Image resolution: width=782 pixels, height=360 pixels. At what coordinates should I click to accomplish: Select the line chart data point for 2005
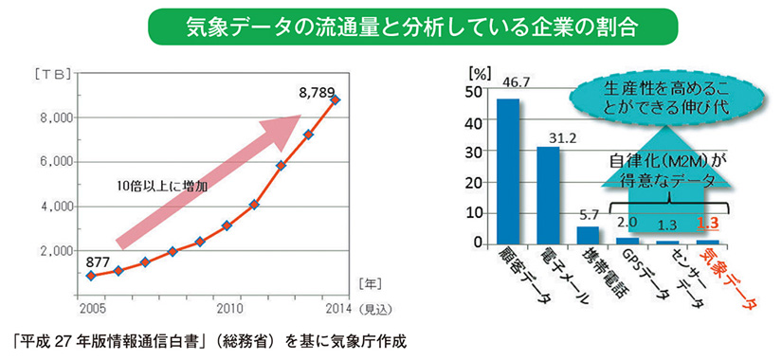(x=90, y=276)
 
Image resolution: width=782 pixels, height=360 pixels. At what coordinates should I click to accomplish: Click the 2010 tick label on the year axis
(x=227, y=308)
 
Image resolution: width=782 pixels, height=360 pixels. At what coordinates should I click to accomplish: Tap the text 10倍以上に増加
(x=156, y=187)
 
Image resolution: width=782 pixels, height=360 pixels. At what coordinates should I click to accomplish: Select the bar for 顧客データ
(x=508, y=171)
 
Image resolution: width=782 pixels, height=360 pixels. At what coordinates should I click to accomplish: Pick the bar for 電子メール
(x=548, y=196)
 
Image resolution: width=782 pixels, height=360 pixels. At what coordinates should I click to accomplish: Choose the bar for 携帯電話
(x=588, y=236)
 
